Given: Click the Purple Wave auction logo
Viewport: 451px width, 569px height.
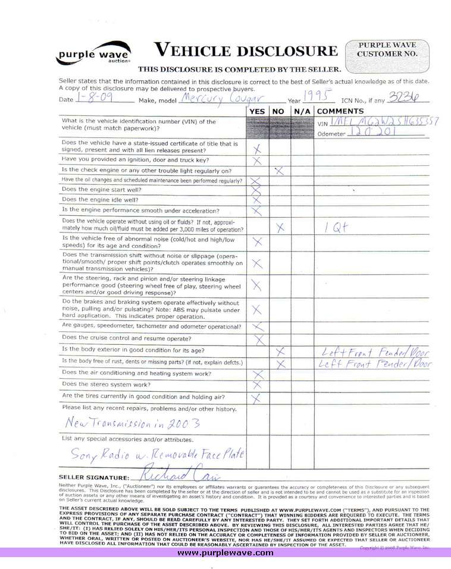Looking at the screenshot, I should pyautogui.click(x=94, y=54).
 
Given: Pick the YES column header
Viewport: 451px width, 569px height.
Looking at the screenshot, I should pyautogui.click(x=258, y=111).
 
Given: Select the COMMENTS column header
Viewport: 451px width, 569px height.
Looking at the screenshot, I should pyautogui.click(x=340, y=111).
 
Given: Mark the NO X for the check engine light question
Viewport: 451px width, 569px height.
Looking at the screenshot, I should pyautogui.click(x=278, y=171).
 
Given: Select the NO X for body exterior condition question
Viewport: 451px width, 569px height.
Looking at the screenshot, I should pyautogui.click(x=281, y=351).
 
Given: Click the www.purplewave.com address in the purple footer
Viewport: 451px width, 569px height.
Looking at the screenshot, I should pyautogui.click(x=225, y=552).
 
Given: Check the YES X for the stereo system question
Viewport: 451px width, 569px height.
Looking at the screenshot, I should pyautogui.click(x=258, y=385).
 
